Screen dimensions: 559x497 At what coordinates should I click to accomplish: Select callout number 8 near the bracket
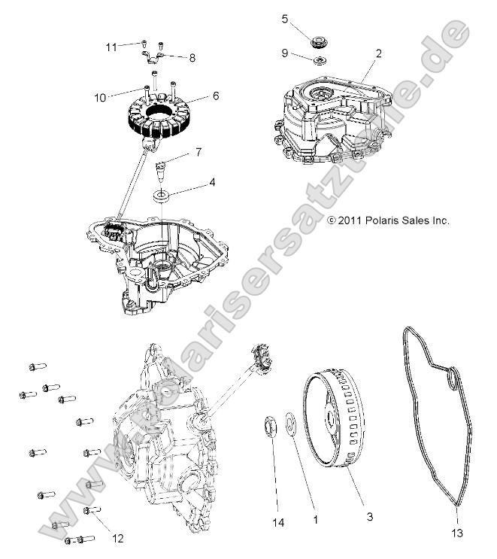(192, 57)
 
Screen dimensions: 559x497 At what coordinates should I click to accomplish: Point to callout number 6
(216, 96)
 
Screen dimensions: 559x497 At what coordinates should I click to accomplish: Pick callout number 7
(198, 153)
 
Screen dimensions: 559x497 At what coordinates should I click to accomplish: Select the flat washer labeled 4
(160, 196)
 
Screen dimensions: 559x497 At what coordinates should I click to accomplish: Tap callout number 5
(284, 18)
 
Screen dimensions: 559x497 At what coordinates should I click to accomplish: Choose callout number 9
(284, 53)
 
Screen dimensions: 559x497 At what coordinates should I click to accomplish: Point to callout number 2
(378, 53)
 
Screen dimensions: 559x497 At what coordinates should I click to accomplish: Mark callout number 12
(117, 538)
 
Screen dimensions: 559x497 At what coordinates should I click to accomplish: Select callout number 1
(316, 518)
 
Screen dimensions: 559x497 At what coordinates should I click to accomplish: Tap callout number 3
(368, 518)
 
